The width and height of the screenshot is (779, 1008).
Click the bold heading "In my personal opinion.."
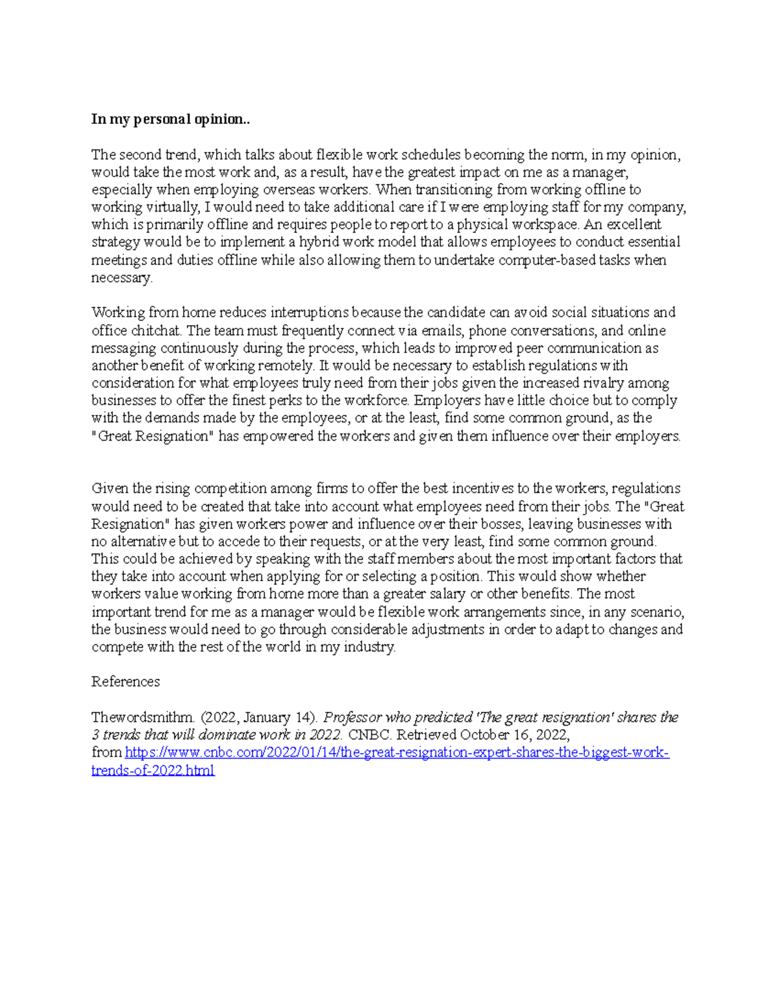pyautogui.click(x=170, y=119)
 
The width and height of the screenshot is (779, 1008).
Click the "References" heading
pyautogui.click(x=125, y=682)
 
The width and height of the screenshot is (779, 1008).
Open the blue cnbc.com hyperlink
pyautogui.click(x=396, y=753)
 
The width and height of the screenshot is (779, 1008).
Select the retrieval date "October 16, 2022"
pyautogui.click(x=514, y=735)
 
